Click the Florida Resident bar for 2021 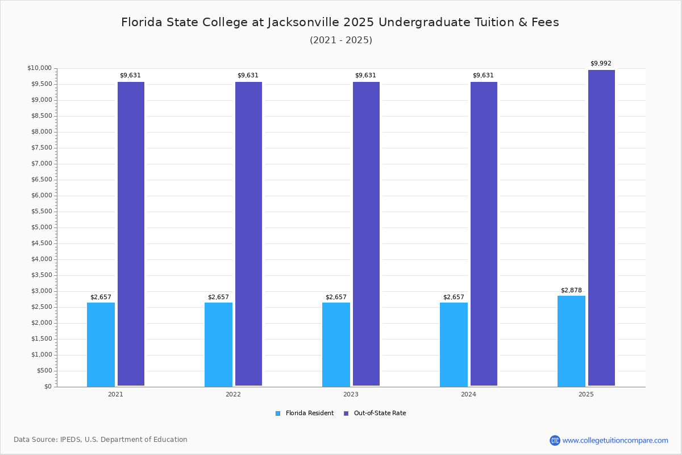tap(101, 344)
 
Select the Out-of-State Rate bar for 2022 tap(248, 234)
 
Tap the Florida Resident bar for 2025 tap(571, 341)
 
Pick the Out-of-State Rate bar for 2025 tap(601, 228)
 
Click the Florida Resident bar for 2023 tap(336, 344)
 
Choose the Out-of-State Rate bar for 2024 tap(484, 234)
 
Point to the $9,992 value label tap(601, 64)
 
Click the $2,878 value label tap(571, 290)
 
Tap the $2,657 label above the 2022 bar tap(218, 297)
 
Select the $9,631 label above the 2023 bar tap(365, 75)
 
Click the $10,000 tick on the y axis tap(39, 68)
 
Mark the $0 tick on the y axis tap(47, 387)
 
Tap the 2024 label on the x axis tap(468, 394)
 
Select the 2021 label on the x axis tap(115, 394)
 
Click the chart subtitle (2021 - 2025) tap(340, 40)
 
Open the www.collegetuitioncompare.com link tap(615, 440)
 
